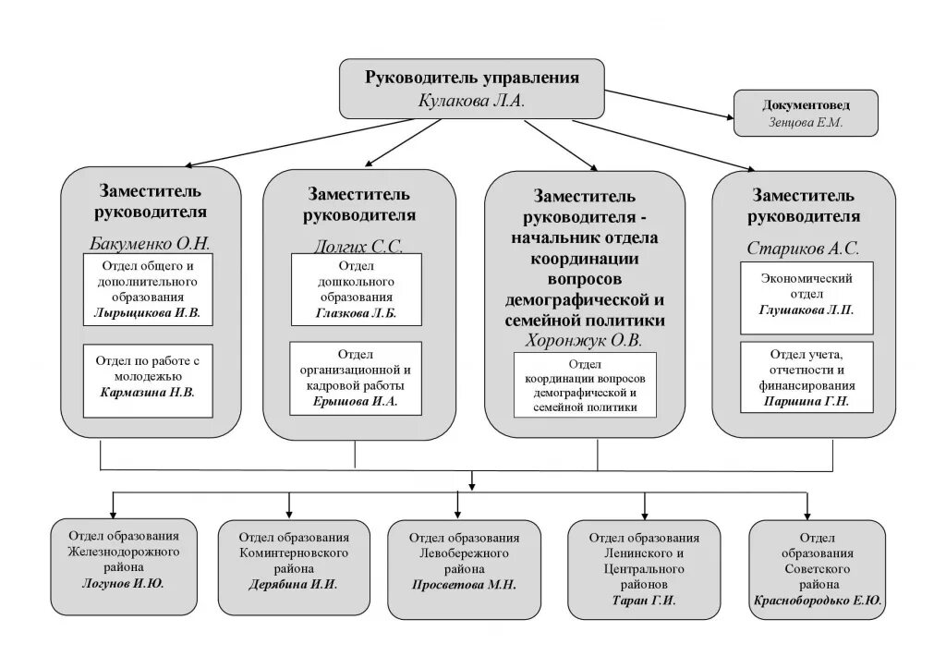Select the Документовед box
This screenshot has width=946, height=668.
tap(805, 113)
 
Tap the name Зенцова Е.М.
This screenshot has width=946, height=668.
tap(805, 122)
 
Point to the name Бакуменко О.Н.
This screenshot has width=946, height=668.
tap(151, 245)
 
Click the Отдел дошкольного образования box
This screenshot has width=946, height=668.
tap(357, 290)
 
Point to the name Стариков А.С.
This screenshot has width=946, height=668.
tap(803, 248)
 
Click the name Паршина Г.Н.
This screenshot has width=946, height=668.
tap(806, 402)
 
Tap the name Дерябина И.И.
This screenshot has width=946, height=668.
tap(293, 584)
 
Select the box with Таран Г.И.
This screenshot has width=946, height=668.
tap(644, 568)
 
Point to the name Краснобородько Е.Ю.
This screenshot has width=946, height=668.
tap(818, 600)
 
